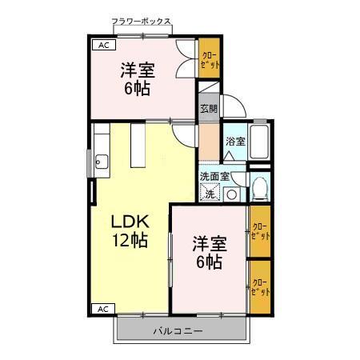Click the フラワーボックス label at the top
[x=142, y=22]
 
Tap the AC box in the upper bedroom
[x=102, y=46]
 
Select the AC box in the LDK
[x=102, y=308]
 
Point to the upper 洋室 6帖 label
[x=138, y=79]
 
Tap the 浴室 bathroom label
[x=234, y=142]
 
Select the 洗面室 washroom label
[x=215, y=177]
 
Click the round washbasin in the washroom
[x=231, y=194]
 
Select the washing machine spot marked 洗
[x=210, y=194]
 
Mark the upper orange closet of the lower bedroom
[x=259, y=232]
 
